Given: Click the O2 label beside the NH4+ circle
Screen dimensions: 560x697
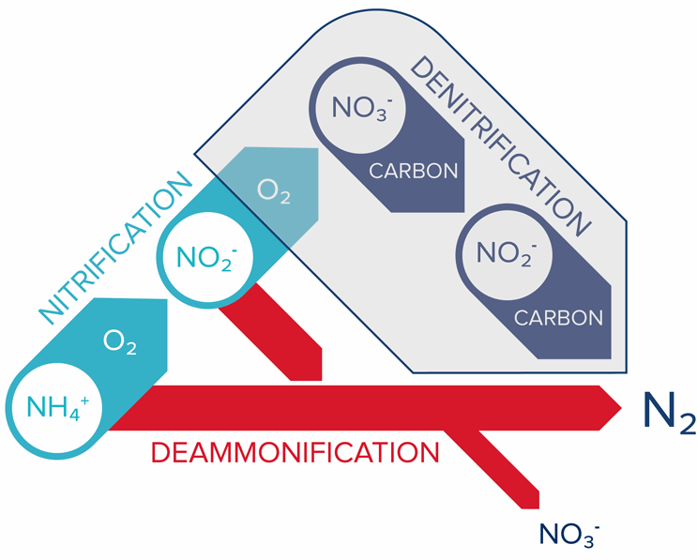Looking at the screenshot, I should [120, 344].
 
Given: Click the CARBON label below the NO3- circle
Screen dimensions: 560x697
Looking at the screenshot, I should [414, 172].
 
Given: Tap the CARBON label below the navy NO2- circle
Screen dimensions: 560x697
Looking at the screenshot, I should [559, 317].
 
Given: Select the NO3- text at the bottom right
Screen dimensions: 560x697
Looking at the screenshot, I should [569, 533].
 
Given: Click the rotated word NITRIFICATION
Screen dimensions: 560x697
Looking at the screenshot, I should [113, 246].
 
